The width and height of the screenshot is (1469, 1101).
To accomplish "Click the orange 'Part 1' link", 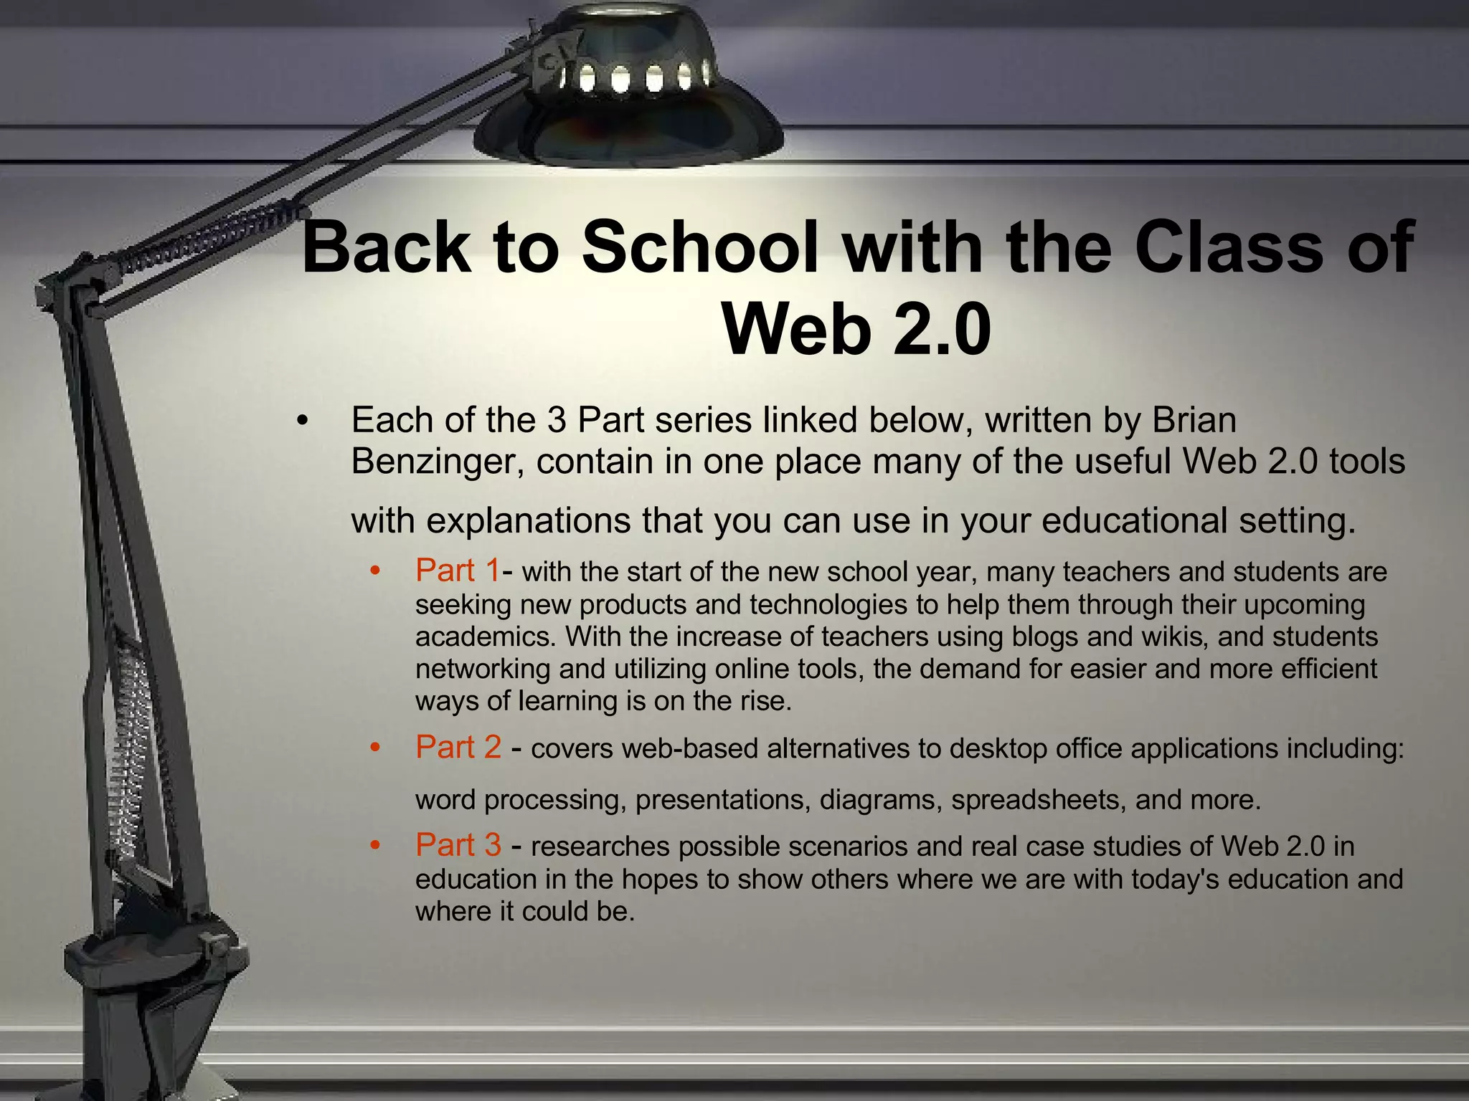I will [x=457, y=571].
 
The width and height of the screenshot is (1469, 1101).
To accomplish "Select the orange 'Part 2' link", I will [x=458, y=748].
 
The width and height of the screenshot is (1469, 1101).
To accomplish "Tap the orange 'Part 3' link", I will [x=458, y=845].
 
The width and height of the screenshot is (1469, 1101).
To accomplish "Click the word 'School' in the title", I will [x=701, y=247].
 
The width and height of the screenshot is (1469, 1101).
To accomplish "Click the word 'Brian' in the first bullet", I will [x=1194, y=420].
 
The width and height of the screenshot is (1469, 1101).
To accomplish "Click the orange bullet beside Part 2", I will [x=374, y=748].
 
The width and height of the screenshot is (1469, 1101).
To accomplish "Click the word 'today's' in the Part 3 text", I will [x=1175, y=879].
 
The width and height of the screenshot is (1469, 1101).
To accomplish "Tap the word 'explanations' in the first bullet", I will [x=529, y=520].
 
